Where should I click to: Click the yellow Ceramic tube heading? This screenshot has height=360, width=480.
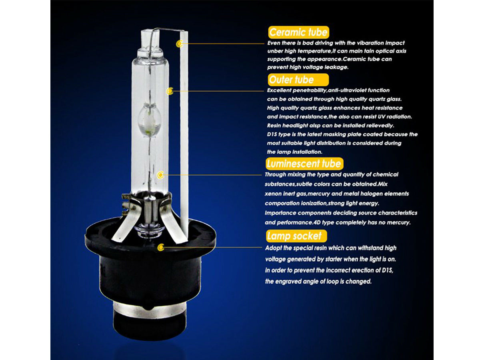tap(298, 32)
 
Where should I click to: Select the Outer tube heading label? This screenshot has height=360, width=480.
tap(298, 80)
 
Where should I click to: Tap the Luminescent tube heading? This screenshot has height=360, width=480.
tap(304, 164)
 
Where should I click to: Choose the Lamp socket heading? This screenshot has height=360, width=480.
tap(296, 236)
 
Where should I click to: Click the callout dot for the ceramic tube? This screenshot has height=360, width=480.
tap(179, 44)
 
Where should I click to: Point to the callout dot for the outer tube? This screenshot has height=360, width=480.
tap(170, 91)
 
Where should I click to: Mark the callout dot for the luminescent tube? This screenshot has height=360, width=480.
tap(160, 175)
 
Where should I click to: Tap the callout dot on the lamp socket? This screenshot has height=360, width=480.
tap(161, 247)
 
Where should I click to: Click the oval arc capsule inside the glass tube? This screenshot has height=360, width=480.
tap(150, 120)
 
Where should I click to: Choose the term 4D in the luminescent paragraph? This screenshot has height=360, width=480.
tap(317, 222)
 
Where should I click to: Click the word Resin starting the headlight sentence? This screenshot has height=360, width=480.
tap(274, 126)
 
